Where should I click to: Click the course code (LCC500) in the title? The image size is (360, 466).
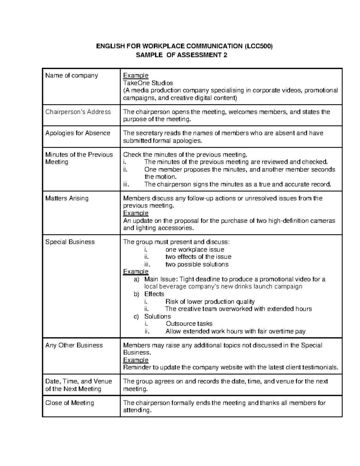click(x=258, y=46)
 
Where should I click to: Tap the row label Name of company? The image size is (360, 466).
click(x=71, y=75)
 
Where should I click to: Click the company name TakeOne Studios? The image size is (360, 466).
click(x=148, y=83)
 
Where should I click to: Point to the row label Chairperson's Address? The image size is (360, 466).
click(x=78, y=112)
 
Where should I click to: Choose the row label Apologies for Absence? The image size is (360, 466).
click(x=78, y=133)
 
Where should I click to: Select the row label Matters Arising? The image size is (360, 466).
click(x=67, y=198)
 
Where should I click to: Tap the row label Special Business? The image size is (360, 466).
click(x=70, y=242)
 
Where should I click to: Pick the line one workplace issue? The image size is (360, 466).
click(x=195, y=250)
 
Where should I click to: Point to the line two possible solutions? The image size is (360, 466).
click(x=197, y=264)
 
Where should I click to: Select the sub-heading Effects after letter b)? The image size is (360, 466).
click(x=154, y=294)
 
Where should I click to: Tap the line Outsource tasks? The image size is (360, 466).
click(x=189, y=324)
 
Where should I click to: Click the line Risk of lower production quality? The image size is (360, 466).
click(x=210, y=302)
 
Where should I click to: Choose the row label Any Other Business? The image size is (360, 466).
click(x=74, y=345)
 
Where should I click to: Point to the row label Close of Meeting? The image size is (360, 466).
click(x=70, y=403)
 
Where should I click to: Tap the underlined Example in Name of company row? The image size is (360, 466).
click(x=136, y=75)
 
